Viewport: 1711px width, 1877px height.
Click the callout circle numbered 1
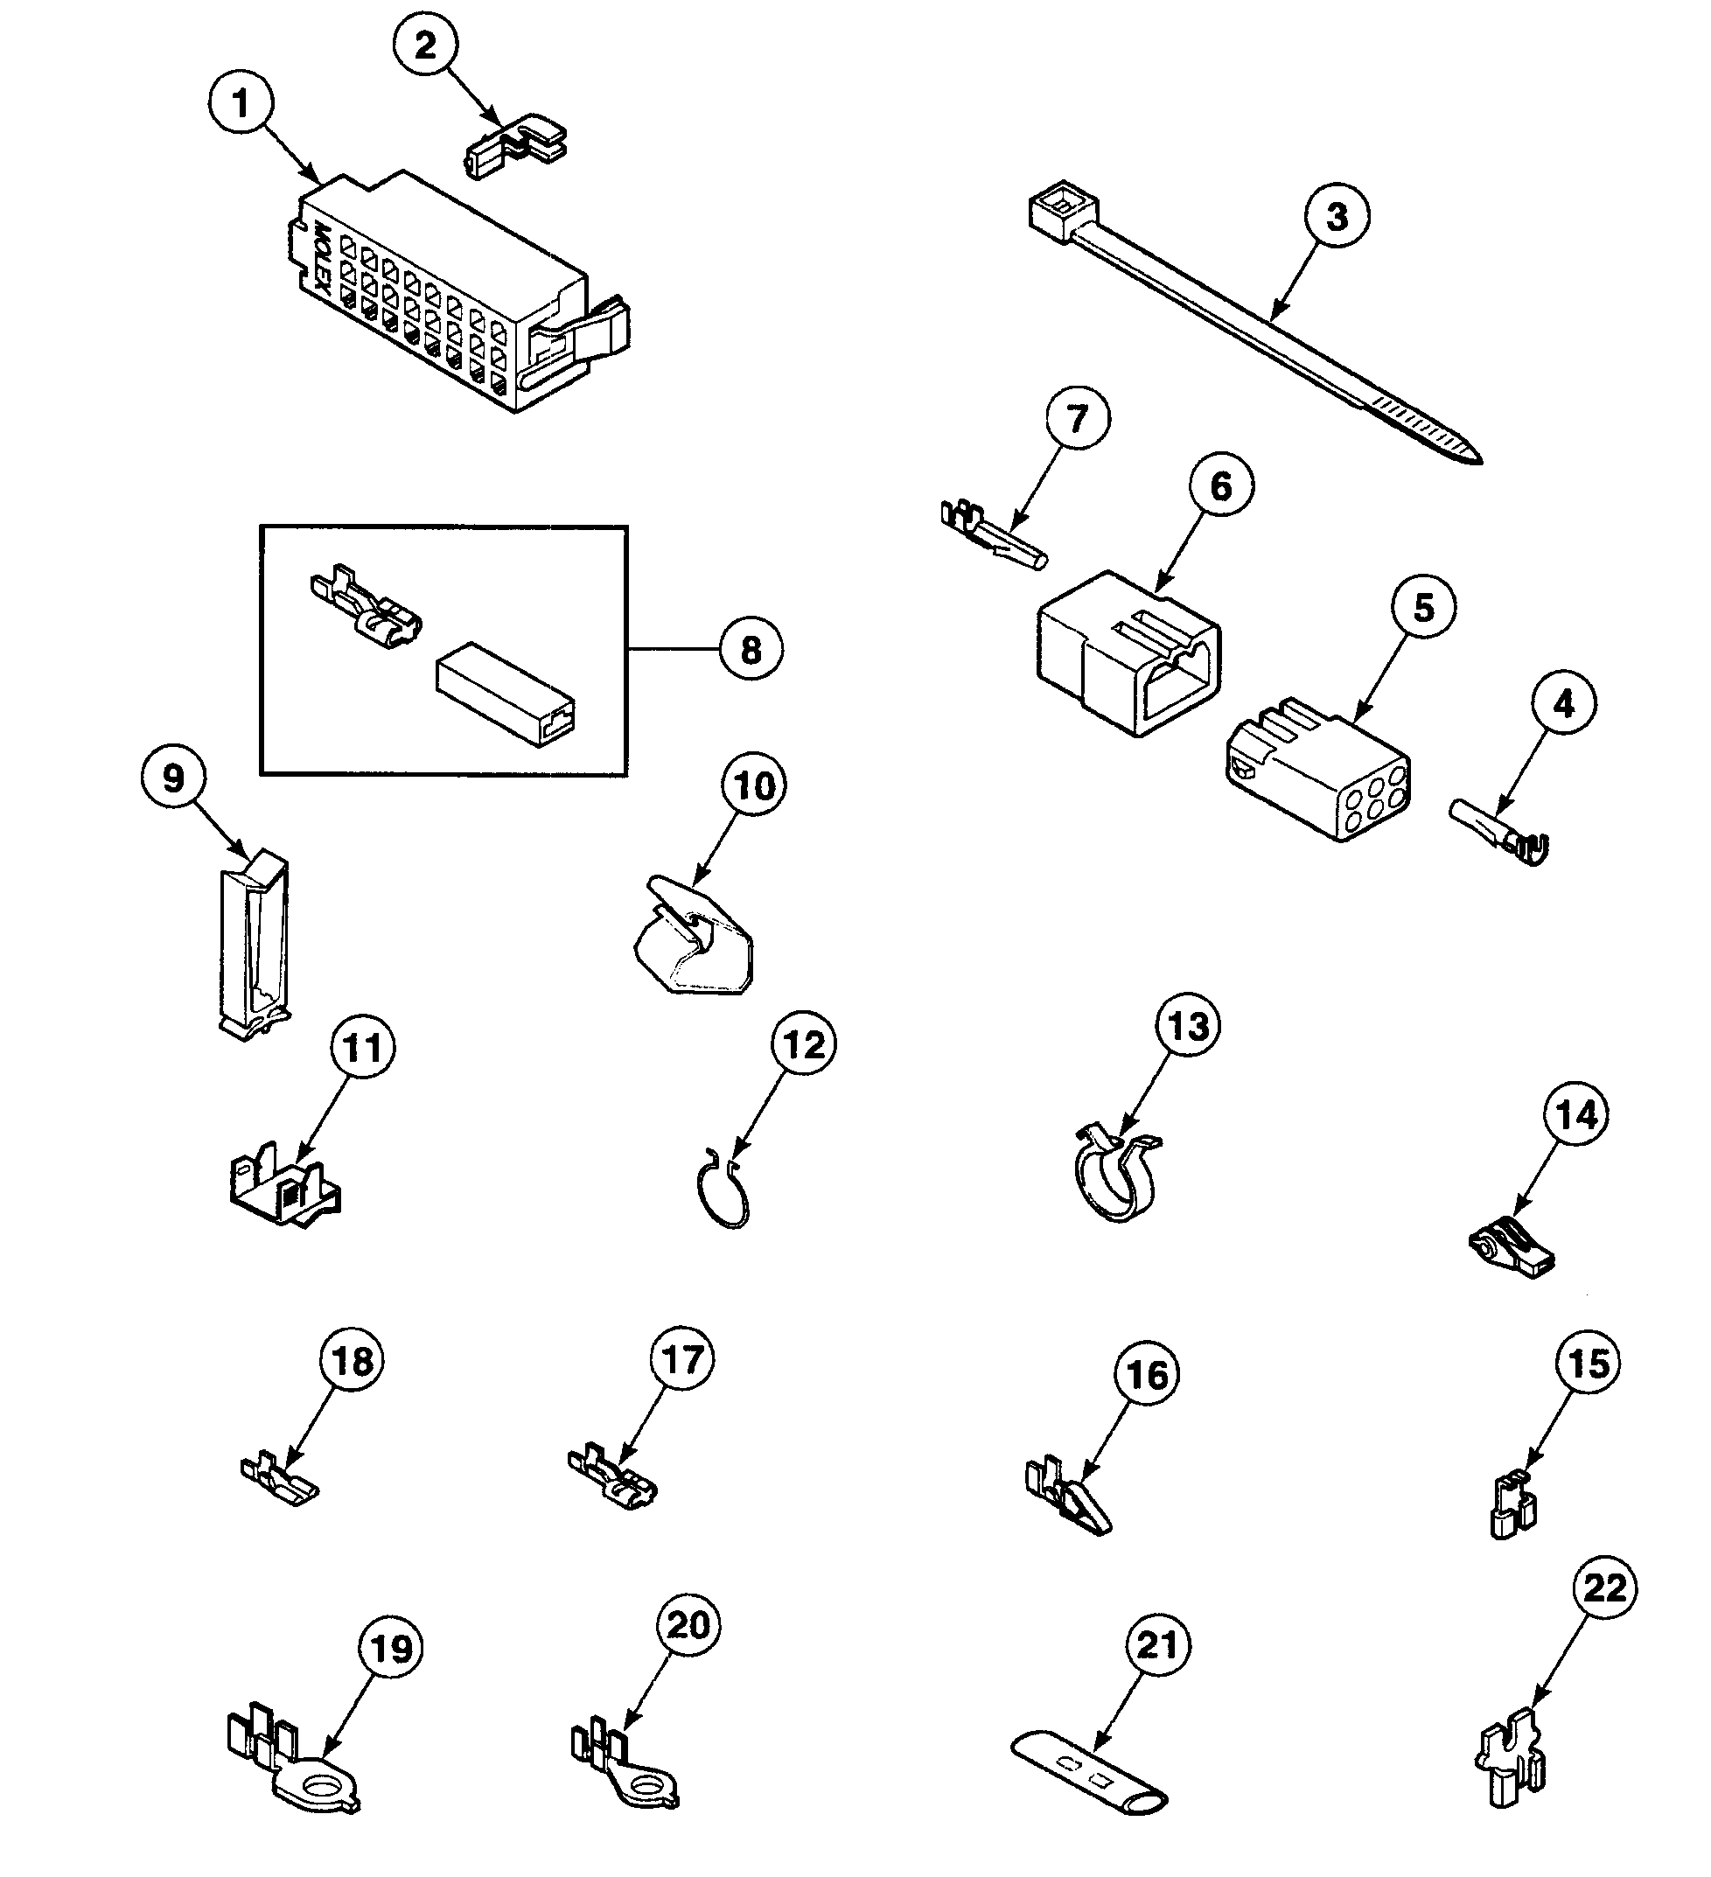click(x=241, y=104)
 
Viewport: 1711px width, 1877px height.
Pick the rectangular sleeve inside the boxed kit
click(x=505, y=694)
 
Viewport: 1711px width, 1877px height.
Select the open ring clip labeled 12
click(x=723, y=1197)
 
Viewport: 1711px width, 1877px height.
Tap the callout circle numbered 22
click(x=1605, y=1588)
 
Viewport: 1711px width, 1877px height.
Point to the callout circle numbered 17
click(x=682, y=1361)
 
